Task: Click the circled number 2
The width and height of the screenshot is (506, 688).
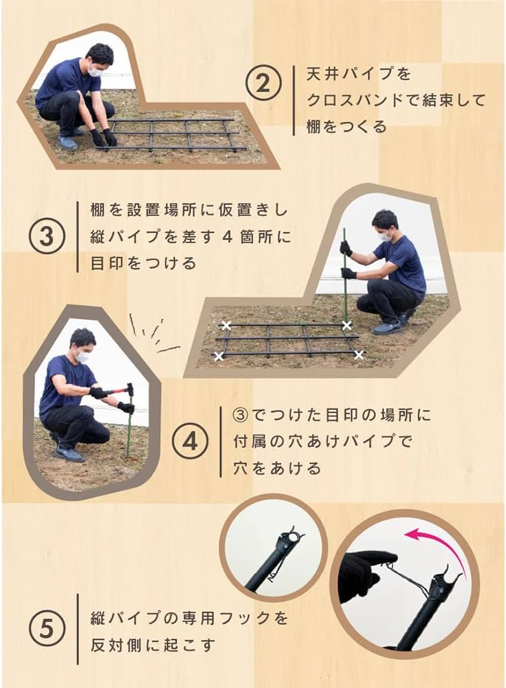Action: (x=264, y=85)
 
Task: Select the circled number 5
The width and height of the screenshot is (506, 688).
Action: (x=47, y=629)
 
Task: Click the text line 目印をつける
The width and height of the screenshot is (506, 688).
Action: (x=143, y=264)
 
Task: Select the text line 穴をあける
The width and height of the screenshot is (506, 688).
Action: (x=277, y=469)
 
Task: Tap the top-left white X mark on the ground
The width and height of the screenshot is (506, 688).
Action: (x=225, y=325)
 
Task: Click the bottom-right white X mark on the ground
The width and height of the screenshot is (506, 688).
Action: (x=359, y=354)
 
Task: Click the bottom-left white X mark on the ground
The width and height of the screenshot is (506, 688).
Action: (x=219, y=356)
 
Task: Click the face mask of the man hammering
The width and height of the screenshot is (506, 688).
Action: (x=82, y=356)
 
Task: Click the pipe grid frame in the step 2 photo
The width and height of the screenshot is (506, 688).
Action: (x=172, y=134)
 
